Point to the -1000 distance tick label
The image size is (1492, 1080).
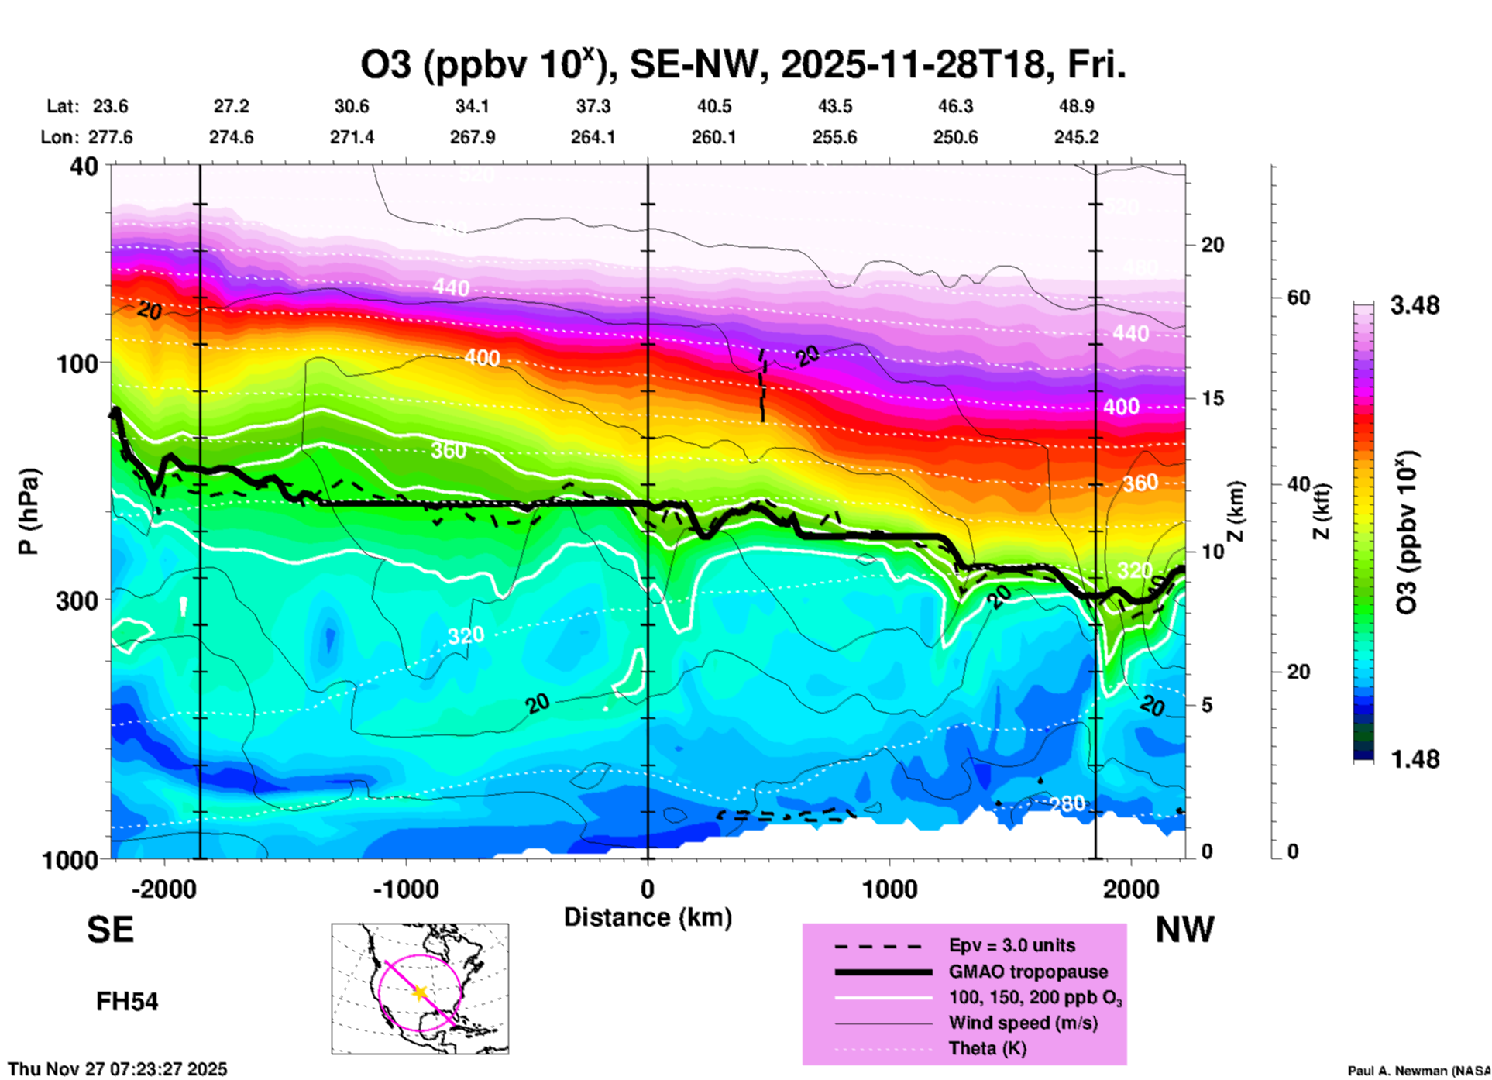coord(405,889)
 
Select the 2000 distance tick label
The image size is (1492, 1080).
coord(1131,889)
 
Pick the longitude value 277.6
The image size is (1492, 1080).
coord(111,137)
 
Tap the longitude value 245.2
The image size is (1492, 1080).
coord(1076,137)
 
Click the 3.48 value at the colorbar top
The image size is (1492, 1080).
coord(1415,306)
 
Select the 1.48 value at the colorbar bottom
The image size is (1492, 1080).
coord(1415,759)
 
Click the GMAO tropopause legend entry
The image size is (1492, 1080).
coord(1028,972)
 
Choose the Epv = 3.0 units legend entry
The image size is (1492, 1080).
coord(1012,945)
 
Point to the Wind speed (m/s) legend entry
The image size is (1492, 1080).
coord(1023,1023)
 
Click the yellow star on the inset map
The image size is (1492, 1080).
coord(420,992)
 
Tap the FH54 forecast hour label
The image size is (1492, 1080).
coord(127,1002)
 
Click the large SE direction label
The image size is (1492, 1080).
coord(110,930)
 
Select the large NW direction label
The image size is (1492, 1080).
coord(1184,930)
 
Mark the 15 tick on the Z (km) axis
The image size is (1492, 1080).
coord(1212,398)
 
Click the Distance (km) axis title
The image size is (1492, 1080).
coord(648,917)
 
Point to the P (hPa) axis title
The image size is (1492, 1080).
coord(29,511)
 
